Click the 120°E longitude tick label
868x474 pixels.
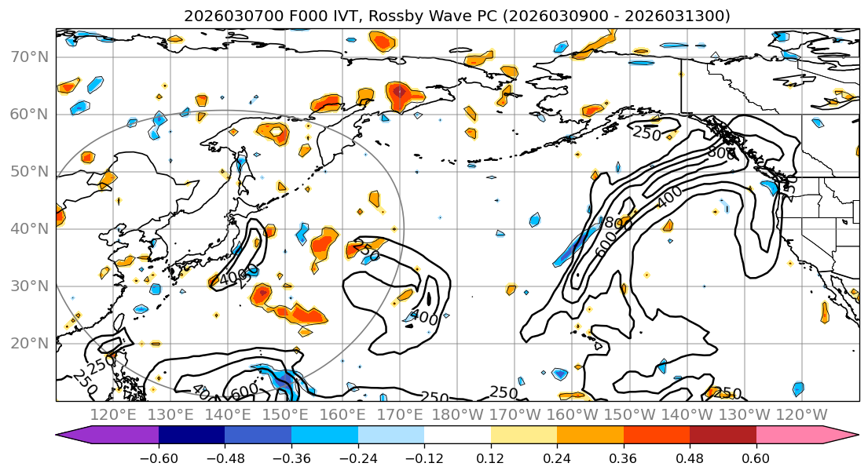(x=114, y=414)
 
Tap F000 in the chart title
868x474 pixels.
(x=288, y=16)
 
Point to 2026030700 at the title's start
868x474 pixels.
(x=223, y=16)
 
